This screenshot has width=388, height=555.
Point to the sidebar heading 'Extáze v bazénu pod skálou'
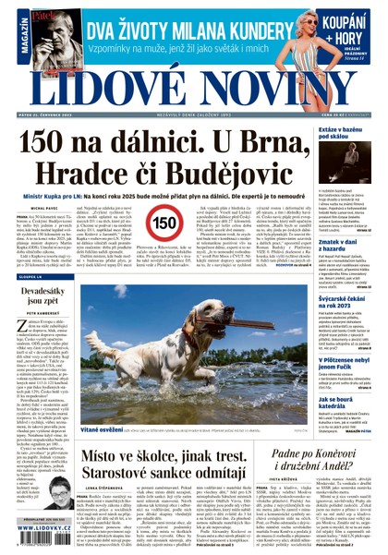coord(349,135)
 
